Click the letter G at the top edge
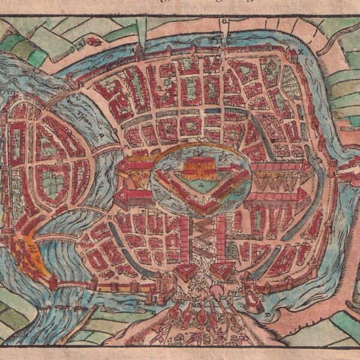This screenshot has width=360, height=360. (x=225, y=21)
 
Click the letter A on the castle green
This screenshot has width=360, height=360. (x=202, y=186)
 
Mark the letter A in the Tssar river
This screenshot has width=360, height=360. (x=79, y=97)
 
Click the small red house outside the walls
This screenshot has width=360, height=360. (x=93, y=41)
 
